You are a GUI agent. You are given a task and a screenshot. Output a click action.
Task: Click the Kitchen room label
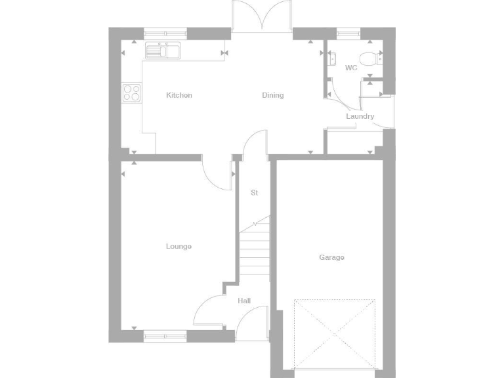(x=179, y=96)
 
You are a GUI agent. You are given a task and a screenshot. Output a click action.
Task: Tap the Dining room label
(x=273, y=96)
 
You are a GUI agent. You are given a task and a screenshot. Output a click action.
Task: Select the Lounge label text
(x=178, y=247)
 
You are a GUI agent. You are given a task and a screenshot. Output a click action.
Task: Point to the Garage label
(x=331, y=258)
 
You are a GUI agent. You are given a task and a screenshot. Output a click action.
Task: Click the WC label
(x=351, y=68)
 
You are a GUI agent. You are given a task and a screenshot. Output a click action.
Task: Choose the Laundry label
(x=360, y=117)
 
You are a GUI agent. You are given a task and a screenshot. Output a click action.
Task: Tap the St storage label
(x=254, y=193)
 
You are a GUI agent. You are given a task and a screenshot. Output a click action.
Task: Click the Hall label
(x=244, y=301)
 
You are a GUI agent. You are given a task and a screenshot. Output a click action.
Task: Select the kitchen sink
(x=163, y=51)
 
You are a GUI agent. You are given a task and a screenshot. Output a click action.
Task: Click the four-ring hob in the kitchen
(x=131, y=93)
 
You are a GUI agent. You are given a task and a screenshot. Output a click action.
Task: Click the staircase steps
(x=255, y=253)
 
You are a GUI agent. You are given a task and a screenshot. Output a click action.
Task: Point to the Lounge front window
(x=165, y=336)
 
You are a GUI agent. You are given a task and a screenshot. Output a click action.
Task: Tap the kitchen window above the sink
(x=165, y=31)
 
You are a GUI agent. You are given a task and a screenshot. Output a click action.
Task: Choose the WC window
(x=348, y=31)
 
